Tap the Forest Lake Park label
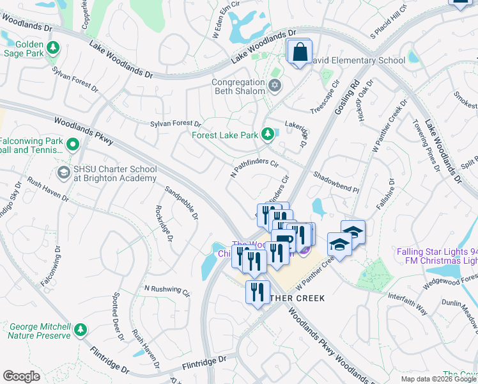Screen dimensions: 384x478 click(224, 135)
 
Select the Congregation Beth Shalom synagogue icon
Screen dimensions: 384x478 click(275, 86)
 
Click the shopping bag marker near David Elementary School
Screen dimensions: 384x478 click(299, 52)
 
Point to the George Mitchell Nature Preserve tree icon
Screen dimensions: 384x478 click(80, 330)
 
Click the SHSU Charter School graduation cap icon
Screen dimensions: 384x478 click(63, 172)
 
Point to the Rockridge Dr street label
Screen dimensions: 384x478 click(163, 224)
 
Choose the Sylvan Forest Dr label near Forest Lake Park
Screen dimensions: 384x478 click(176, 124)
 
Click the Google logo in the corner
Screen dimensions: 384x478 click(22, 376)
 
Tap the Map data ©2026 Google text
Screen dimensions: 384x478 click(438, 379)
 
